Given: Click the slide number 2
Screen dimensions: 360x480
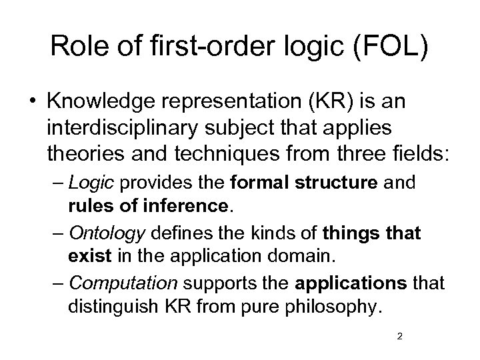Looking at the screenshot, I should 399,336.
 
